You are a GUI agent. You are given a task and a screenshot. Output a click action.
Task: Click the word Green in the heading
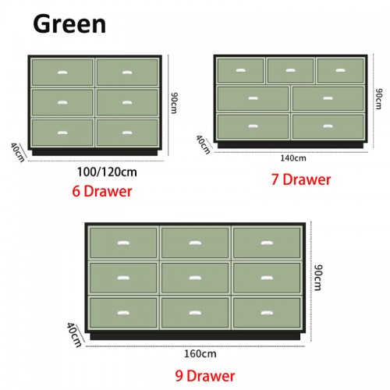click(69, 24)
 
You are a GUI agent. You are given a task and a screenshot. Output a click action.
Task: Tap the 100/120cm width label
click(107, 172)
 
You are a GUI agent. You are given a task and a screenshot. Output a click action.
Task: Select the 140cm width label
click(293, 158)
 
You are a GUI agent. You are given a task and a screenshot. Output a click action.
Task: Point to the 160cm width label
click(200, 353)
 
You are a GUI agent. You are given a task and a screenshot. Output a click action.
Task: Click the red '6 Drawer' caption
click(102, 191)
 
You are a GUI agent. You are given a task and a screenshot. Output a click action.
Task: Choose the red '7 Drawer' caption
click(301, 179)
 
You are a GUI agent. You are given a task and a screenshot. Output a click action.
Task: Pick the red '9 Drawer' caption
click(205, 376)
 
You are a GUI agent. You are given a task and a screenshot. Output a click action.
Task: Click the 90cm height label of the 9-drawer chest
click(318, 278)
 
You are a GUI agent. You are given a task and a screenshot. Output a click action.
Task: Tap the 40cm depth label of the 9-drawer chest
click(74, 335)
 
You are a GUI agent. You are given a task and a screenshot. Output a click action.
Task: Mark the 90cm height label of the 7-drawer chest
click(379, 99)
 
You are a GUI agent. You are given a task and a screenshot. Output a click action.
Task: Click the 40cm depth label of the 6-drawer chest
click(18, 152)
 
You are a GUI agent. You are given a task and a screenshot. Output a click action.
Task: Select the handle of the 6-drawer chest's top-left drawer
click(62, 73)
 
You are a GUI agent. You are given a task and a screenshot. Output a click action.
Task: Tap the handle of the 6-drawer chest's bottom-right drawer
click(127, 133)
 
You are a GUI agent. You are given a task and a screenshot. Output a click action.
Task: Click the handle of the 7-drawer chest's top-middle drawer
click(290, 70)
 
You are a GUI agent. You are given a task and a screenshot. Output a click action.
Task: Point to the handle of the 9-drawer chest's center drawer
click(195, 278)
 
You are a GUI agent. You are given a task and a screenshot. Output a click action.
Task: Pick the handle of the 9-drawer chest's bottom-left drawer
click(123, 313)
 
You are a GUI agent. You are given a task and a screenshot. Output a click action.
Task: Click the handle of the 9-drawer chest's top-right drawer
click(267, 243)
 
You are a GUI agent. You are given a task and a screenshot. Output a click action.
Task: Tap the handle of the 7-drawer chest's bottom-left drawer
click(253, 126)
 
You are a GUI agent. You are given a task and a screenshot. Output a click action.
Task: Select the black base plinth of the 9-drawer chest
click(195, 336)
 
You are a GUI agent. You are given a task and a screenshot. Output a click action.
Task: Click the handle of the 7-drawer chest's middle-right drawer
click(328, 98)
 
